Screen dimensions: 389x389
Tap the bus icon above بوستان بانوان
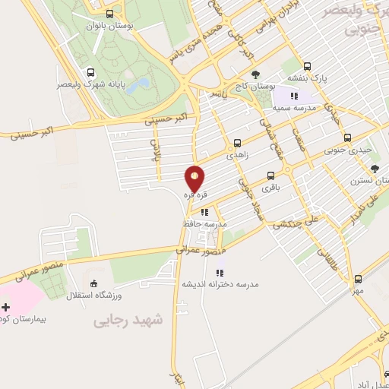pyautogui.click(x=110, y=14)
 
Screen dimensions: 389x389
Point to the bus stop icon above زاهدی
pyautogui.click(x=238, y=142)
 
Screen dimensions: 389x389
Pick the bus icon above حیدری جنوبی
pyautogui.click(x=347, y=138)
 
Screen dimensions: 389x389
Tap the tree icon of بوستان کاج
pyautogui.click(x=255, y=74)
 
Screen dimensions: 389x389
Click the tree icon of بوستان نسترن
pyautogui.click(x=374, y=169)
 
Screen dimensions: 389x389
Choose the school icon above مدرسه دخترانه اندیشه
pyautogui.click(x=221, y=272)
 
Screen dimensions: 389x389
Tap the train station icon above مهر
pyautogui.click(x=358, y=278)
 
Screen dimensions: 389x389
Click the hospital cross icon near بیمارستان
pyautogui.click(x=6, y=307)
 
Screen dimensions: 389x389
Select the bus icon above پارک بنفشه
pyautogui.click(x=307, y=65)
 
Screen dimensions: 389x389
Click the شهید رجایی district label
pyautogui.click(x=128, y=321)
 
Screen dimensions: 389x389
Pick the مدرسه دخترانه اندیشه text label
pyautogui.click(x=220, y=284)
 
